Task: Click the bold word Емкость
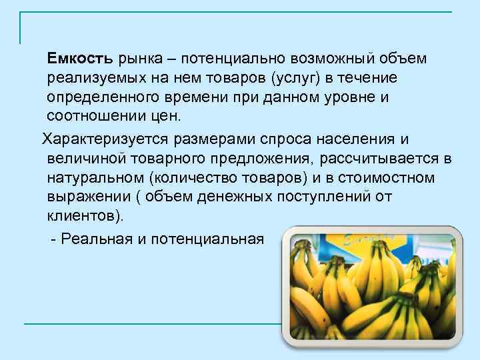point(81,59)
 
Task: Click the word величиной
point(83,158)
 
